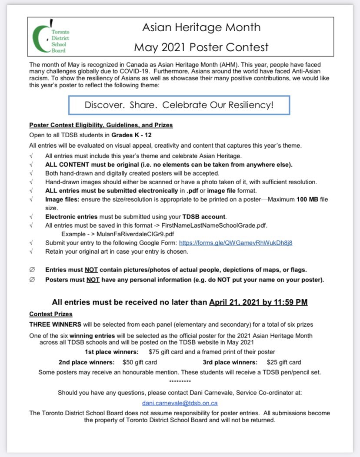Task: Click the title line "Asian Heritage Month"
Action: click(x=201, y=27)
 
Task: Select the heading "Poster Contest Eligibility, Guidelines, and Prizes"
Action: click(x=101, y=125)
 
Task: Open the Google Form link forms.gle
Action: click(x=235, y=242)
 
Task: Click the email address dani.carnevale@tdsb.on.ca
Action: click(x=180, y=403)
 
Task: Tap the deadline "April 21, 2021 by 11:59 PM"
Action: click(x=258, y=302)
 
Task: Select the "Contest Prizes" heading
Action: click(x=51, y=314)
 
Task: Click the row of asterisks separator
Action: click(x=180, y=382)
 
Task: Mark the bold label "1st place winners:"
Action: click(x=112, y=352)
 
